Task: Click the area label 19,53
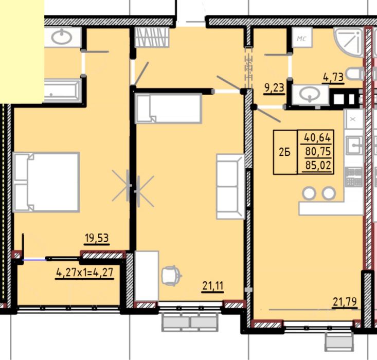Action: (x=97, y=238)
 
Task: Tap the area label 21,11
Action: (x=213, y=286)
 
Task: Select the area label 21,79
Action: (x=345, y=301)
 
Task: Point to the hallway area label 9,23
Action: (x=274, y=88)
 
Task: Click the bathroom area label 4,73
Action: (x=333, y=78)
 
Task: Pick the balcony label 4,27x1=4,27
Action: (x=84, y=273)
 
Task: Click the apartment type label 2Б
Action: (x=284, y=152)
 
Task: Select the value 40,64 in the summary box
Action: (x=317, y=138)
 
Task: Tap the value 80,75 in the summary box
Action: (x=318, y=152)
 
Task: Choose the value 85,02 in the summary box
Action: (x=318, y=165)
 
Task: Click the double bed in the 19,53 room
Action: (x=46, y=182)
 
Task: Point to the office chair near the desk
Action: (x=171, y=276)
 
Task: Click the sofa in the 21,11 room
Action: (x=230, y=186)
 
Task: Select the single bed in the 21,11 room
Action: (x=168, y=109)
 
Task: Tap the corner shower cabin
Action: (x=349, y=43)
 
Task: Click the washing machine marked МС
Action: (x=302, y=37)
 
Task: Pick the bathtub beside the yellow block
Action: (x=63, y=91)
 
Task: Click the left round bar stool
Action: (x=309, y=193)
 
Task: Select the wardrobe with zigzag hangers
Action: (x=152, y=37)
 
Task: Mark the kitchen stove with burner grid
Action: (x=353, y=177)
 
